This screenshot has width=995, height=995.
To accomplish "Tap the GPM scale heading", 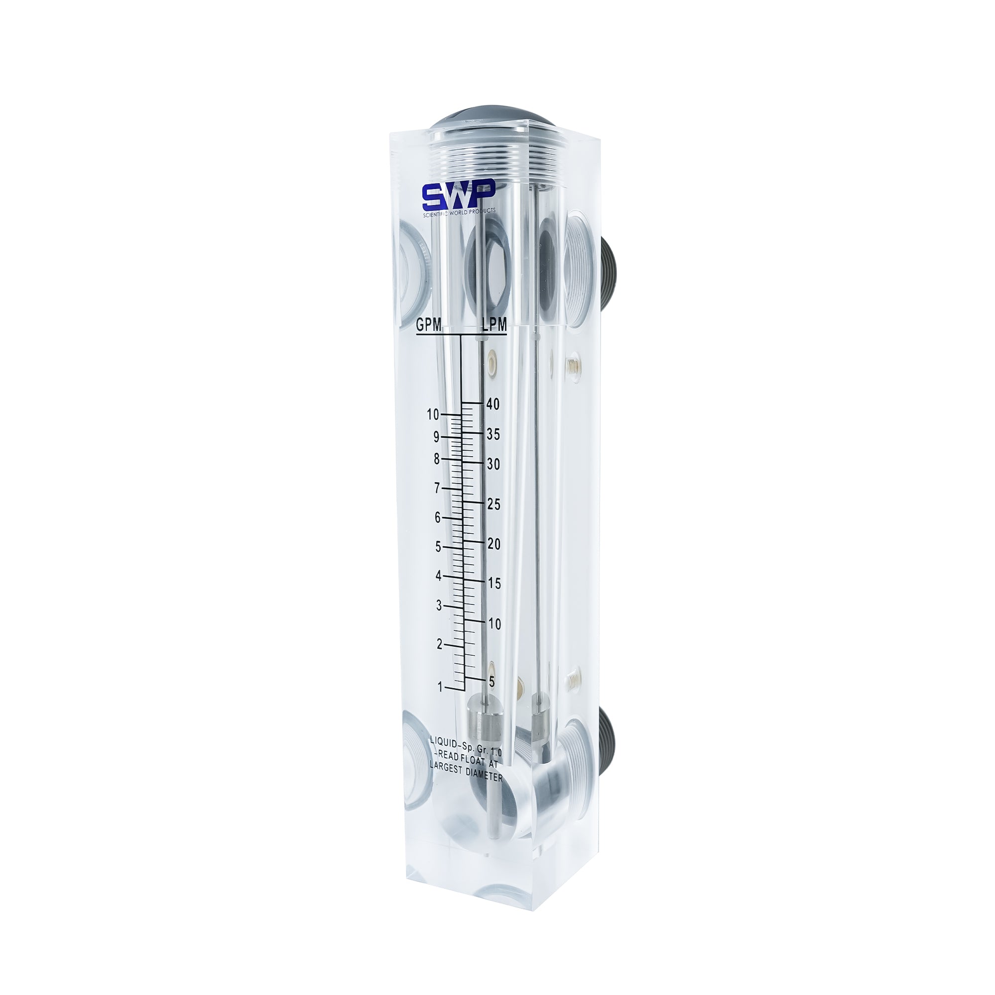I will [x=428, y=325].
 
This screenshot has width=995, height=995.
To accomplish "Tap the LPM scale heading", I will [x=494, y=324].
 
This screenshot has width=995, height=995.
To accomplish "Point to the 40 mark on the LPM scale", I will [x=493, y=404].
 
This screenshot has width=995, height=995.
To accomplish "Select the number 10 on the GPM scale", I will [x=433, y=414].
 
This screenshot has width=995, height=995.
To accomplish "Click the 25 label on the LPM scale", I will [x=494, y=504].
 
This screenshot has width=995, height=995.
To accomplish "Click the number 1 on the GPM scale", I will [x=440, y=687].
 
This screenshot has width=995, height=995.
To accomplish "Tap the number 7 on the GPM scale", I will [x=437, y=488].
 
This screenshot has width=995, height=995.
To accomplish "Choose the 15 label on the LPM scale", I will [x=494, y=584].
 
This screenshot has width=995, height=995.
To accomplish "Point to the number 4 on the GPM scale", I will [x=439, y=576].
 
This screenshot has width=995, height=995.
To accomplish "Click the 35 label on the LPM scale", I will [x=493, y=434].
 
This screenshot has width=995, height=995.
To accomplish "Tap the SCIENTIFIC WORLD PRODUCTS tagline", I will [x=459, y=213].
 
